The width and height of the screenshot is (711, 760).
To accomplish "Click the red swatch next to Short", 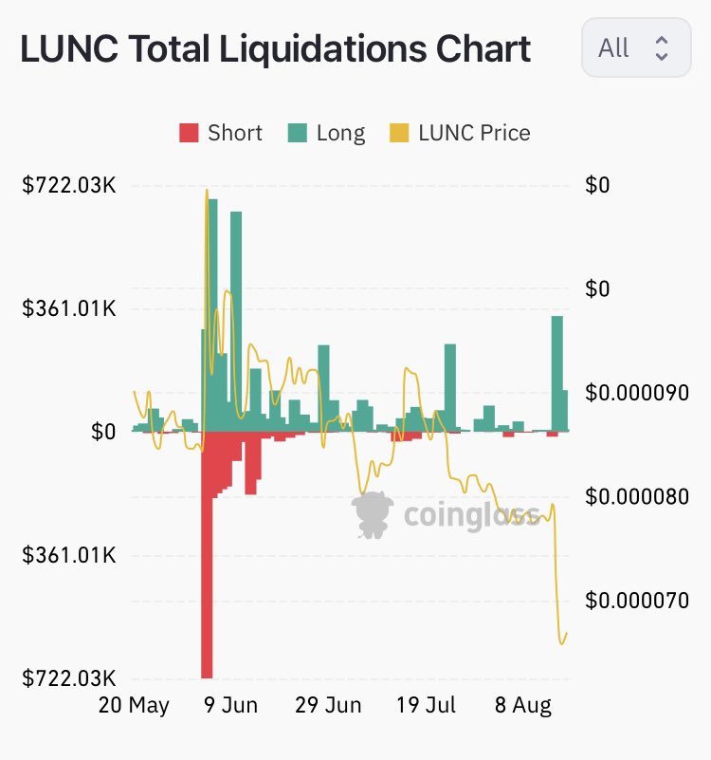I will tap(189, 133).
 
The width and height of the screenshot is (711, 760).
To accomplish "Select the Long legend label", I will tap(340, 133).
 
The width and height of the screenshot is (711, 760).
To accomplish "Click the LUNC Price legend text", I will tap(474, 133).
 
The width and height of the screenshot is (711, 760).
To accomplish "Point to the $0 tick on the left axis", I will tap(103, 432).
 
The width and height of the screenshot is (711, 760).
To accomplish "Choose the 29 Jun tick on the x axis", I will tap(328, 706).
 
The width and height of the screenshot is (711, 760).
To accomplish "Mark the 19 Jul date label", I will tap(425, 706).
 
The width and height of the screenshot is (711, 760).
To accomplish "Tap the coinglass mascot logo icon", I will tap(374, 515).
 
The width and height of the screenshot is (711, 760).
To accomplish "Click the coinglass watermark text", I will tap(471, 515).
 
